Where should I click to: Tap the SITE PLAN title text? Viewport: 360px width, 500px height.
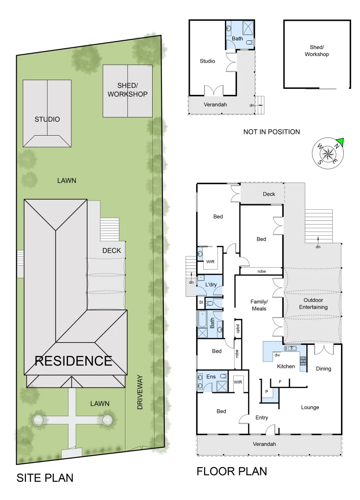point(45,478)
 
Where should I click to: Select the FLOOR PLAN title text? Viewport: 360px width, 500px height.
point(232,471)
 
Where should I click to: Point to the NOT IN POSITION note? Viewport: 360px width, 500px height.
point(272,132)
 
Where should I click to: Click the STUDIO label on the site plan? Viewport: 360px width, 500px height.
point(47,119)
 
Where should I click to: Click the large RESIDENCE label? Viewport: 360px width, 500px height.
point(74,361)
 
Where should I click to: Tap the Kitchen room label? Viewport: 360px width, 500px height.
point(286,366)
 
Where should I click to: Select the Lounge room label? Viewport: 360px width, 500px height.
point(310,407)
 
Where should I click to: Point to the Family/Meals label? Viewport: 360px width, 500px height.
point(259,305)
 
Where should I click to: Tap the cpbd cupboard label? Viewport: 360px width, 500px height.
point(238,328)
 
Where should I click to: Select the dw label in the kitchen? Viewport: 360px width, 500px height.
point(277,355)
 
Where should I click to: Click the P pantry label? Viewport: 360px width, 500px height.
point(267,391)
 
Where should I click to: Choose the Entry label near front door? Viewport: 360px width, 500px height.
point(261,418)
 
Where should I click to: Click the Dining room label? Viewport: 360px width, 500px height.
point(323,369)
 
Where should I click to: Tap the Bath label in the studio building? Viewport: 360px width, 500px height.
point(237,38)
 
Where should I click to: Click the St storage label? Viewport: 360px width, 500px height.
point(201,303)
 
